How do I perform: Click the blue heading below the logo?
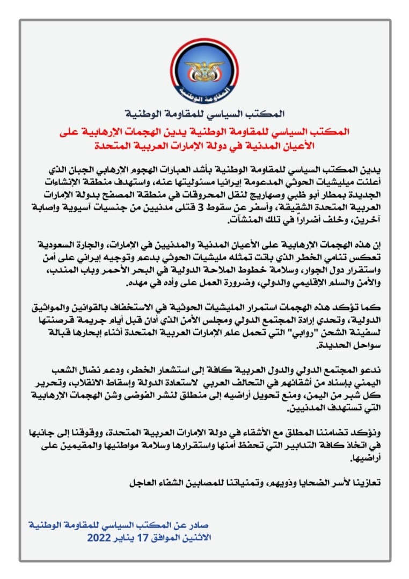[x=204, y=114]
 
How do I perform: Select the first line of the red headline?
[x=204, y=132]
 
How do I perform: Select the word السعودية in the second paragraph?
[x=64, y=245]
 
